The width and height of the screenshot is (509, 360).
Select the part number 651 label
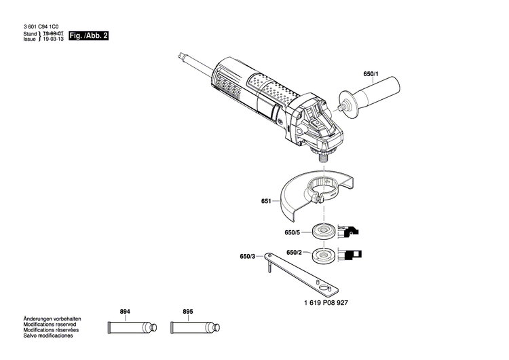point(265,202)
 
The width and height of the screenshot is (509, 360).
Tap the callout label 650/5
point(292,232)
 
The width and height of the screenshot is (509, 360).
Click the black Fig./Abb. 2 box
point(88,35)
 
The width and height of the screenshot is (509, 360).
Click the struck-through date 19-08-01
point(53,33)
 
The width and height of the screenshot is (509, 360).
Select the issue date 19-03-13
point(53,39)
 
